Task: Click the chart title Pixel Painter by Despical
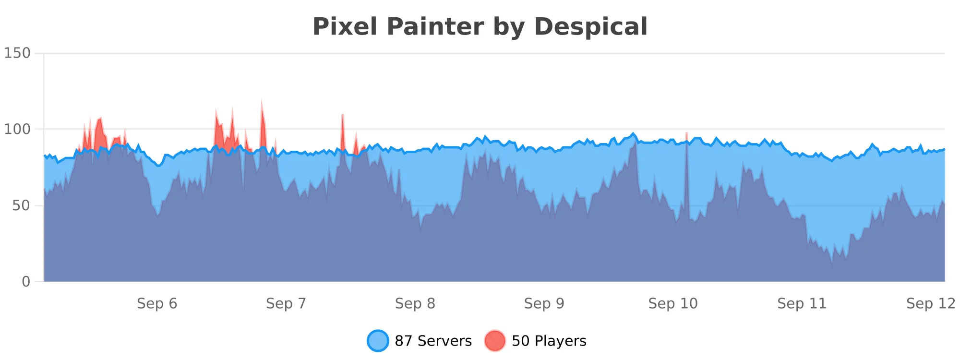(x=480, y=26)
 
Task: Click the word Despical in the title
(x=591, y=26)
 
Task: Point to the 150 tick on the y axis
(x=17, y=53)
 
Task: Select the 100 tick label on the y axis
(x=17, y=129)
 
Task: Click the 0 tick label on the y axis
(x=26, y=282)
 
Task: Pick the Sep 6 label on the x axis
(x=157, y=303)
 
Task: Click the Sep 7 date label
(x=286, y=303)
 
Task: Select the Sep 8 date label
(x=415, y=303)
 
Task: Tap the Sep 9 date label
(x=544, y=303)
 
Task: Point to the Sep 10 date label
(x=673, y=303)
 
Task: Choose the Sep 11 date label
(x=802, y=303)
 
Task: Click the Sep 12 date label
(x=931, y=303)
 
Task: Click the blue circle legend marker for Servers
(x=378, y=341)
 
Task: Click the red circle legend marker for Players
(x=495, y=341)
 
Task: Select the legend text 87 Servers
(x=433, y=341)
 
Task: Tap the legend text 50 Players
(x=549, y=341)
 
